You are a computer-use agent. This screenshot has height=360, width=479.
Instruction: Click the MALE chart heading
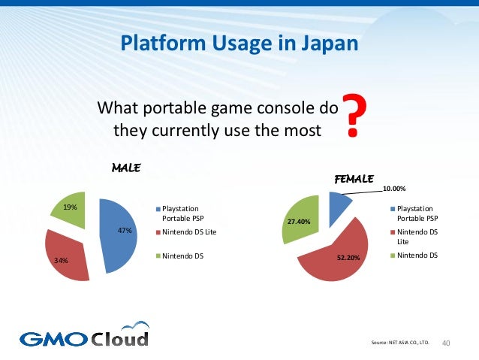coord(127,167)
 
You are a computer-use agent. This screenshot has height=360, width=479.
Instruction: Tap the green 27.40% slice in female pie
coord(302,218)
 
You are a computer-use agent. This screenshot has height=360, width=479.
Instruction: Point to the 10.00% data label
coord(395,189)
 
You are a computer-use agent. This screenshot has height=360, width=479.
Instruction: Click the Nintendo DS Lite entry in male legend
coord(189,232)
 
